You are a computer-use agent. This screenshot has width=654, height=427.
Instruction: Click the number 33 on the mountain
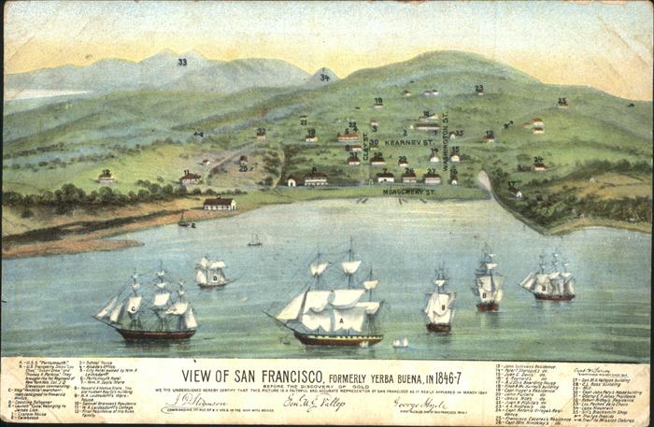pos(182,62)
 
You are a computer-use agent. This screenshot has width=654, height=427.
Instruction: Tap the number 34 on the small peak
pos(324,78)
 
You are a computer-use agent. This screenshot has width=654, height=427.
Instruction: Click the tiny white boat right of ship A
pos(401,343)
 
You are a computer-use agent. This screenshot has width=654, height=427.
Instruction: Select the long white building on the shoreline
pos(220,203)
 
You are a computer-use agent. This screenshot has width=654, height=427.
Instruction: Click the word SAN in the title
pos(267,368)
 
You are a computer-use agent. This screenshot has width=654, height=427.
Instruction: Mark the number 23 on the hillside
pos(479,90)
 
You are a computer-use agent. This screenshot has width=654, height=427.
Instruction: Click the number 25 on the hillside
pos(562,102)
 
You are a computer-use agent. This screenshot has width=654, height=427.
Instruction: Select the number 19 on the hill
pos(377,102)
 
